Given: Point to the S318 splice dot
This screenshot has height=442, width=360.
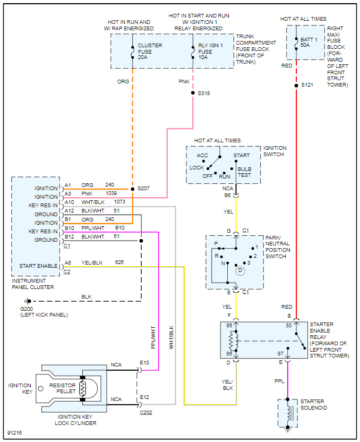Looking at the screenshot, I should click(x=193, y=92).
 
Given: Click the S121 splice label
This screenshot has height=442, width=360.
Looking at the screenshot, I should click(x=307, y=85).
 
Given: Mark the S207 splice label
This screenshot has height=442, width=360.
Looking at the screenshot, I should click(x=144, y=189).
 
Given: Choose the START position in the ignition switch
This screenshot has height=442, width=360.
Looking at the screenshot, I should click(x=241, y=156).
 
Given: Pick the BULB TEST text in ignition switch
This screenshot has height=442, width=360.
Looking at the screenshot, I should click(x=245, y=172).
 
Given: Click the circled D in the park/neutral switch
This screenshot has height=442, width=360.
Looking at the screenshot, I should click(x=240, y=271).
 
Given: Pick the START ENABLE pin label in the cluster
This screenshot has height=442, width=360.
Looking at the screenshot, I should click(x=38, y=266).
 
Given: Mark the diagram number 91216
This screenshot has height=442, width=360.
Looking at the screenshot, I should click(x=16, y=433).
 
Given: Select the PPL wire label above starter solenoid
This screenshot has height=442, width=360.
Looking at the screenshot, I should click(x=279, y=381).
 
